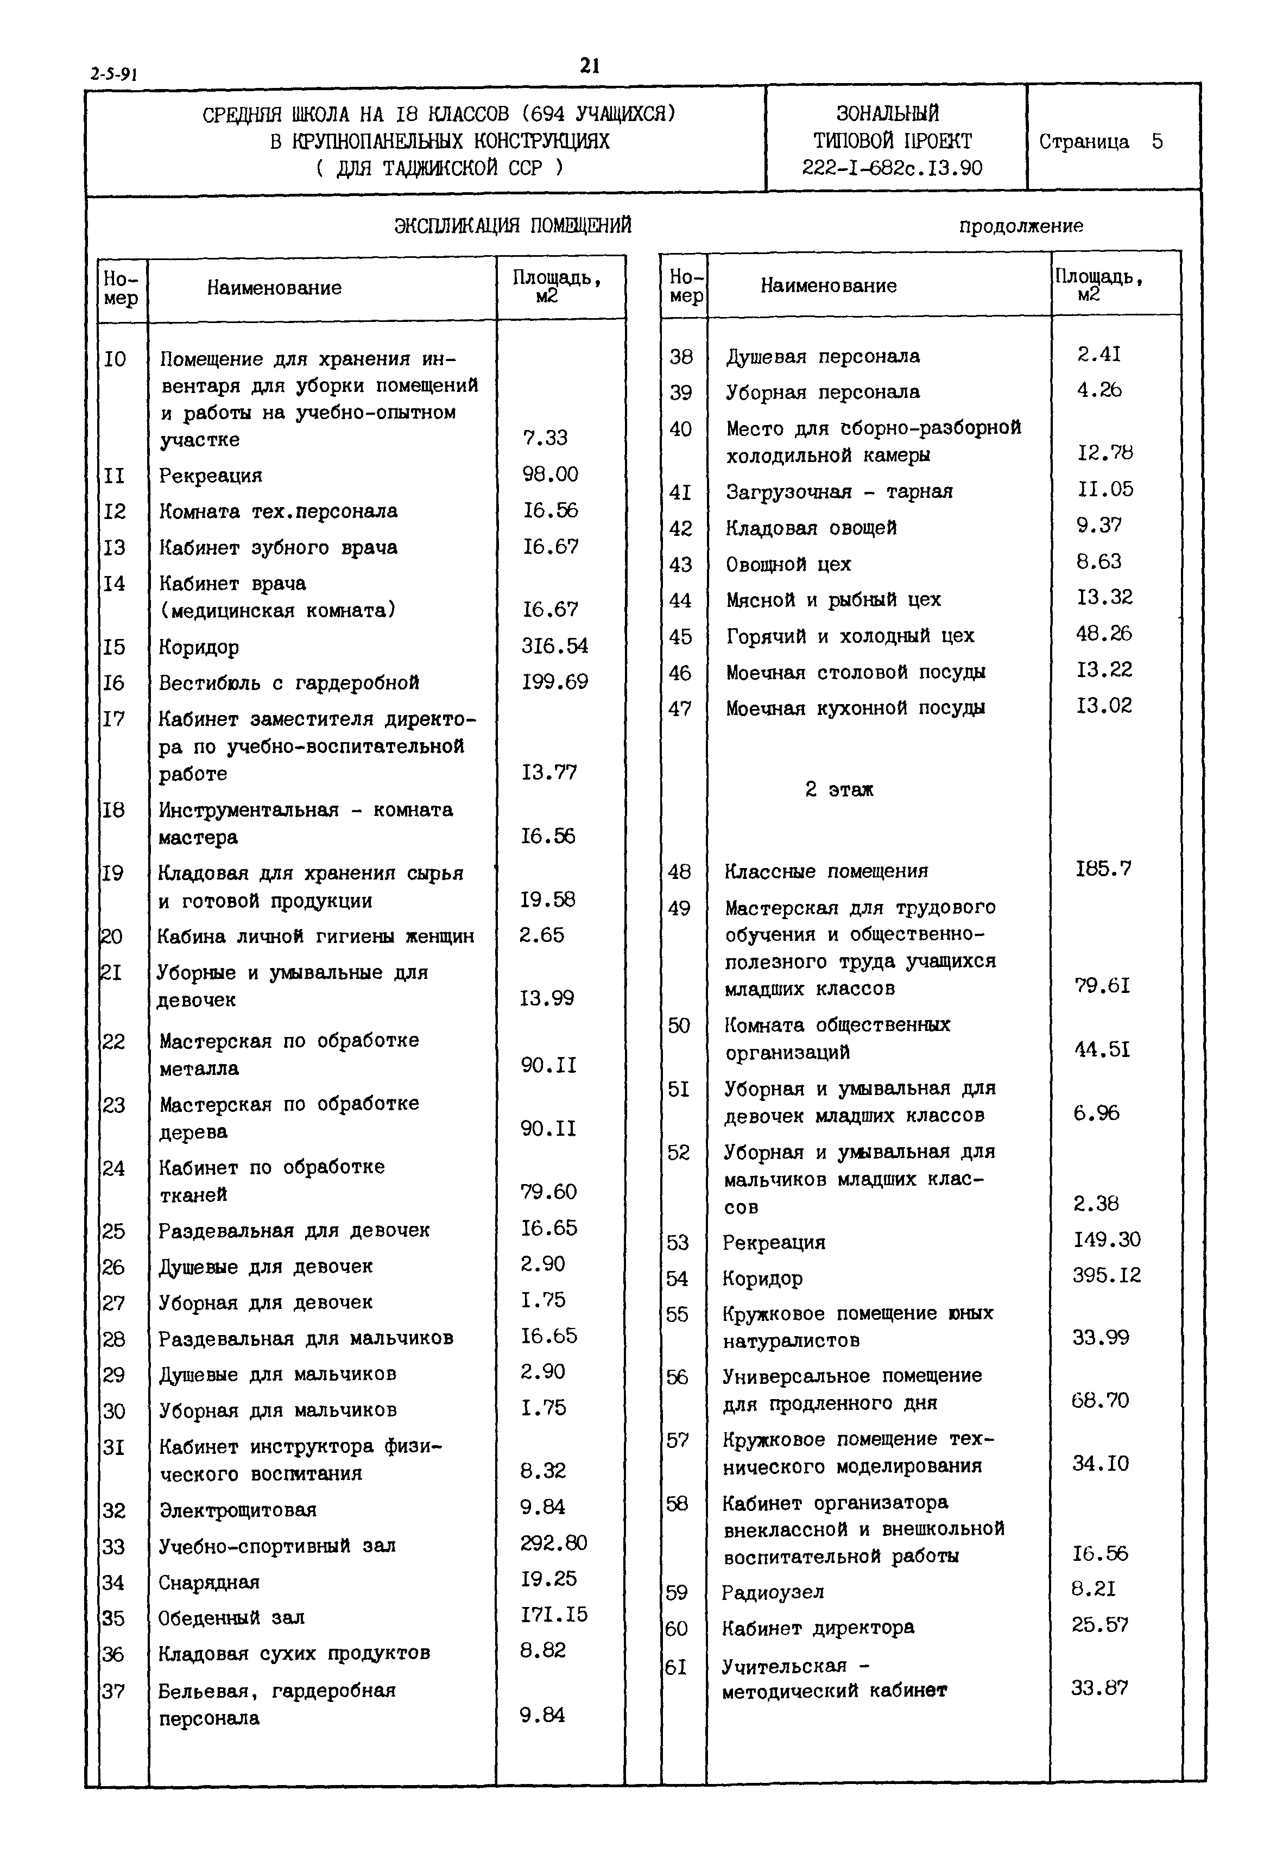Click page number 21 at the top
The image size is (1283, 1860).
(x=589, y=66)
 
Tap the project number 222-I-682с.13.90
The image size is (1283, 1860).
(x=892, y=168)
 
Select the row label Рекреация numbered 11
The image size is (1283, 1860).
(x=211, y=475)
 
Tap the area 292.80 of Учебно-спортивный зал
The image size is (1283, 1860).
(x=553, y=1542)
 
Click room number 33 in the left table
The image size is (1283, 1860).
(x=113, y=1547)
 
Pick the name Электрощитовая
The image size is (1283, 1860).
(x=237, y=1509)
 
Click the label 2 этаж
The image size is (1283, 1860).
(x=838, y=789)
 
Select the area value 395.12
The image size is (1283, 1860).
(x=1106, y=1275)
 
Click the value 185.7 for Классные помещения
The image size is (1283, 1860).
(x=1103, y=868)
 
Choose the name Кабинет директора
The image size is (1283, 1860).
(x=818, y=1628)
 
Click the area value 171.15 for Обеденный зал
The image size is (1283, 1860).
(x=553, y=1614)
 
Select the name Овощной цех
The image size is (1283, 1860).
(x=788, y=564)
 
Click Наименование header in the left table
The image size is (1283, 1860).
(x=274, y=288)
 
